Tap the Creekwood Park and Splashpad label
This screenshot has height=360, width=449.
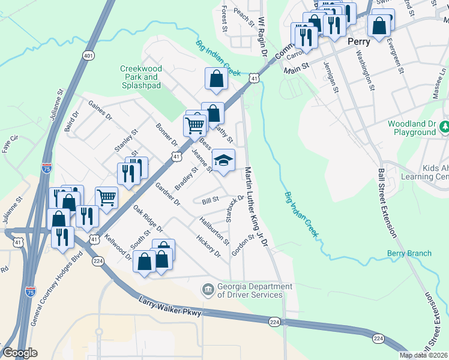point(140,77)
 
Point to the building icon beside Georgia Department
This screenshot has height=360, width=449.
point(208,290)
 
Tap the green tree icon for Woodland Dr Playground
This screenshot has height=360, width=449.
point(445,127)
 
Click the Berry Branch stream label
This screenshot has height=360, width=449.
point(409,253)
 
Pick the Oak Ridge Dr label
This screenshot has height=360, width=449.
point(148,220)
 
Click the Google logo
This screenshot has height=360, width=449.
point(20,353)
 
